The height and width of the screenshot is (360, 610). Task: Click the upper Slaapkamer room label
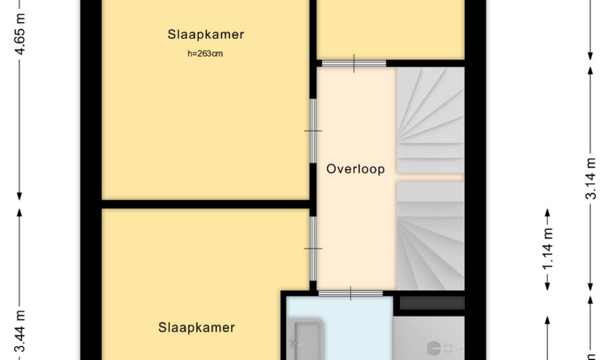(206, 35)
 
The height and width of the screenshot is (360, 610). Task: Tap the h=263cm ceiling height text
(206, 54)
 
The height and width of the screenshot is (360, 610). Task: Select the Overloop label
(356, 169)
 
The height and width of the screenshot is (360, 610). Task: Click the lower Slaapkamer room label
(196, 328)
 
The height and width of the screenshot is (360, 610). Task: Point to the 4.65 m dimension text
(20, 34)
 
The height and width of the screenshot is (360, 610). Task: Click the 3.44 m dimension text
(20, 331)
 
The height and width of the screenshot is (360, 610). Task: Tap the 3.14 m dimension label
(590, 179)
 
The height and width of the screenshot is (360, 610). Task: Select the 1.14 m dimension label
(547, 249)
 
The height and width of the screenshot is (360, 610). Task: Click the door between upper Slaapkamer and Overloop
(313, 131)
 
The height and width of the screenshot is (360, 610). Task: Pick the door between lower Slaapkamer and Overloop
(313, 248)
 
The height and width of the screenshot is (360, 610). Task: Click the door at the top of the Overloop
(354, 63)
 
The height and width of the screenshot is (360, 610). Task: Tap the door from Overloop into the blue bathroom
(351, 293)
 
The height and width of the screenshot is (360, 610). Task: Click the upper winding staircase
(430, 120)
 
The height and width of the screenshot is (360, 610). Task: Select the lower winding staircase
(430, 236)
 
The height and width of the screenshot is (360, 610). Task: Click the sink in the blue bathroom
(306, 339)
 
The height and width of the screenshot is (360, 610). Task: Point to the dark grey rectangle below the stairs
(432, 303)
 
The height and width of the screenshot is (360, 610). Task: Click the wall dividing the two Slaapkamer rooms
(206, 204)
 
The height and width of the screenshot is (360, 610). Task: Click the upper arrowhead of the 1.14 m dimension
(547, 213)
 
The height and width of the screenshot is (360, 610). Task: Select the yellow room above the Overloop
(390, 29)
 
